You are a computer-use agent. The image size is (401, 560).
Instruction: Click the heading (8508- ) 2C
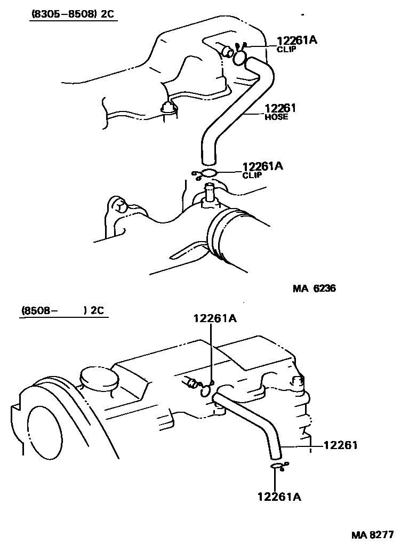click(x=63, y=310)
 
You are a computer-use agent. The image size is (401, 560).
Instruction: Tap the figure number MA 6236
click(x=314, y=289)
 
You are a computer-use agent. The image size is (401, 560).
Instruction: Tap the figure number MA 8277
click(x=372, y=534)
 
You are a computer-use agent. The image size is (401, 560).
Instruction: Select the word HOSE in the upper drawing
click(x=276, y=117)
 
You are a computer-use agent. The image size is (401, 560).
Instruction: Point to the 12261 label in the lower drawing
click(x=340, y=445)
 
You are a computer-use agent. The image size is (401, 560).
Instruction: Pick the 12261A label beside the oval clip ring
click(x=263, y=166)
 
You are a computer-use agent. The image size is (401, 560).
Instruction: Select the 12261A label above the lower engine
click(x=215, y=318)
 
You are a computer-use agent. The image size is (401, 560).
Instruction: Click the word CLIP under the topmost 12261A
click(x=285, y=49)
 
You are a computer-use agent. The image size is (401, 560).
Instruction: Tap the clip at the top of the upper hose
click(x=240, y=55)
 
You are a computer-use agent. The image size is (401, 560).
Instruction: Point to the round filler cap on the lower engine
click(x=99, y=378)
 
